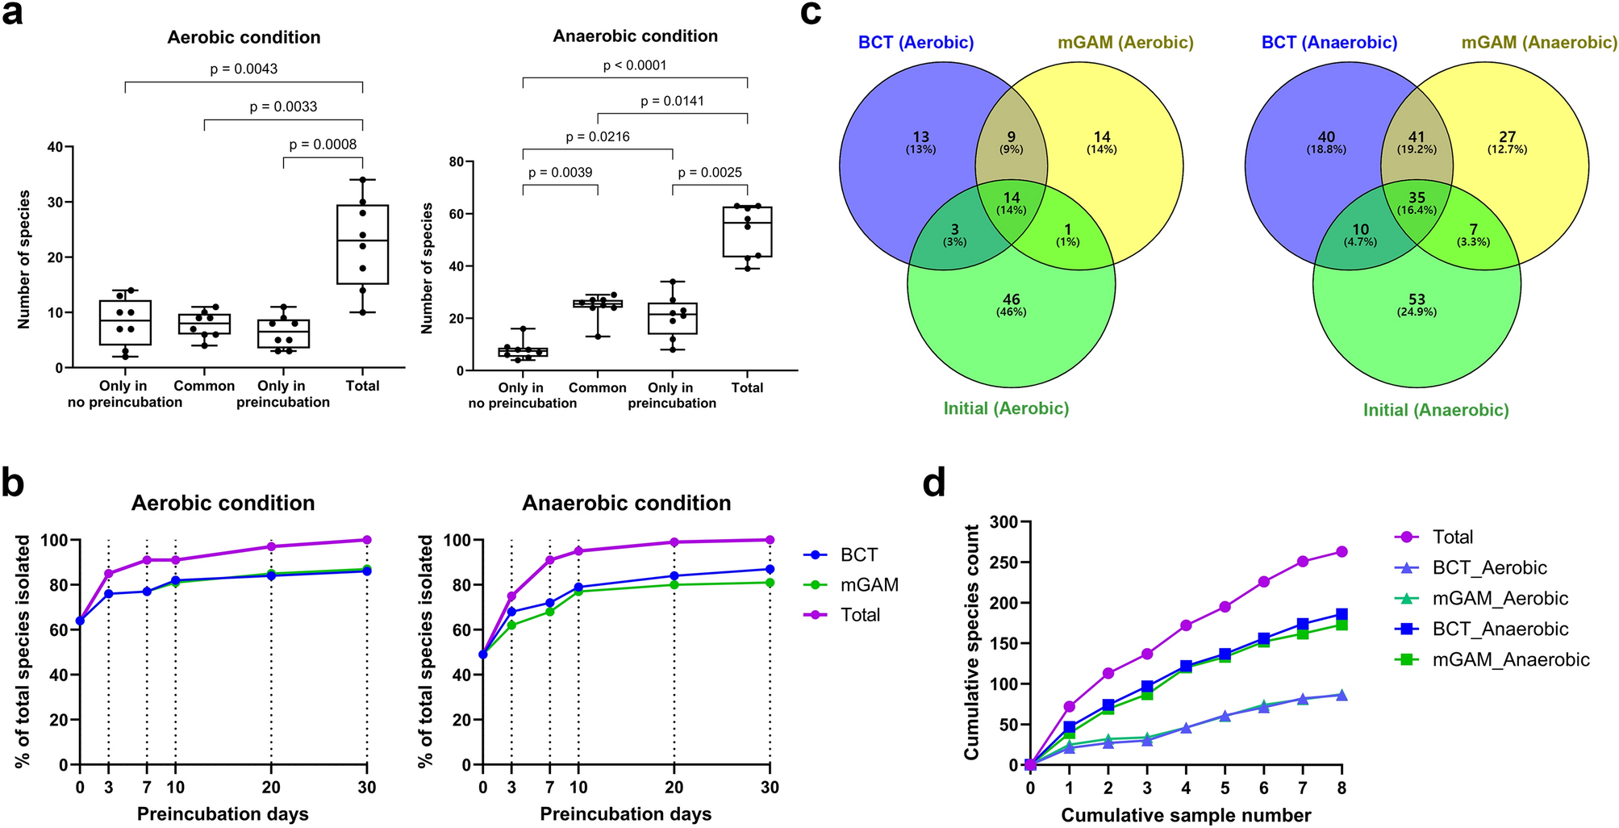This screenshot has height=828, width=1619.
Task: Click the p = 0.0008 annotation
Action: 323,144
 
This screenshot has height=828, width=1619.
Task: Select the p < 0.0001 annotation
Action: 635,65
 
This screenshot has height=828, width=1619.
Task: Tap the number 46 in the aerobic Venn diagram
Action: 1011,299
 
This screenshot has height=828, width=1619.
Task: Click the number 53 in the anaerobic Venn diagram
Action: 1417,299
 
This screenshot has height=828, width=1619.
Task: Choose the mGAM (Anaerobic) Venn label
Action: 1539,42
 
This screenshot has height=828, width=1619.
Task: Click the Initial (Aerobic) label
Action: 1006,408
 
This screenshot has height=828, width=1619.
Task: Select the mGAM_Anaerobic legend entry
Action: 1511,660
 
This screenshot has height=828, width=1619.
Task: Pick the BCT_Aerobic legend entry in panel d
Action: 1489,568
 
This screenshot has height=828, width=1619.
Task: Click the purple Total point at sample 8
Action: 1342,552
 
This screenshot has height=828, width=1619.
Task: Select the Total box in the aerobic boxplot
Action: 362,245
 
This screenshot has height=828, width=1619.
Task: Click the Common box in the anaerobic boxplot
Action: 598,303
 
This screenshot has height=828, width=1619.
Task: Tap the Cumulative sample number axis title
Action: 1186,815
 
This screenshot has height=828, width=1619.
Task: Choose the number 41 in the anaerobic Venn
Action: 1417,137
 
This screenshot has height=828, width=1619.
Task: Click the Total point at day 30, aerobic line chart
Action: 367,540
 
